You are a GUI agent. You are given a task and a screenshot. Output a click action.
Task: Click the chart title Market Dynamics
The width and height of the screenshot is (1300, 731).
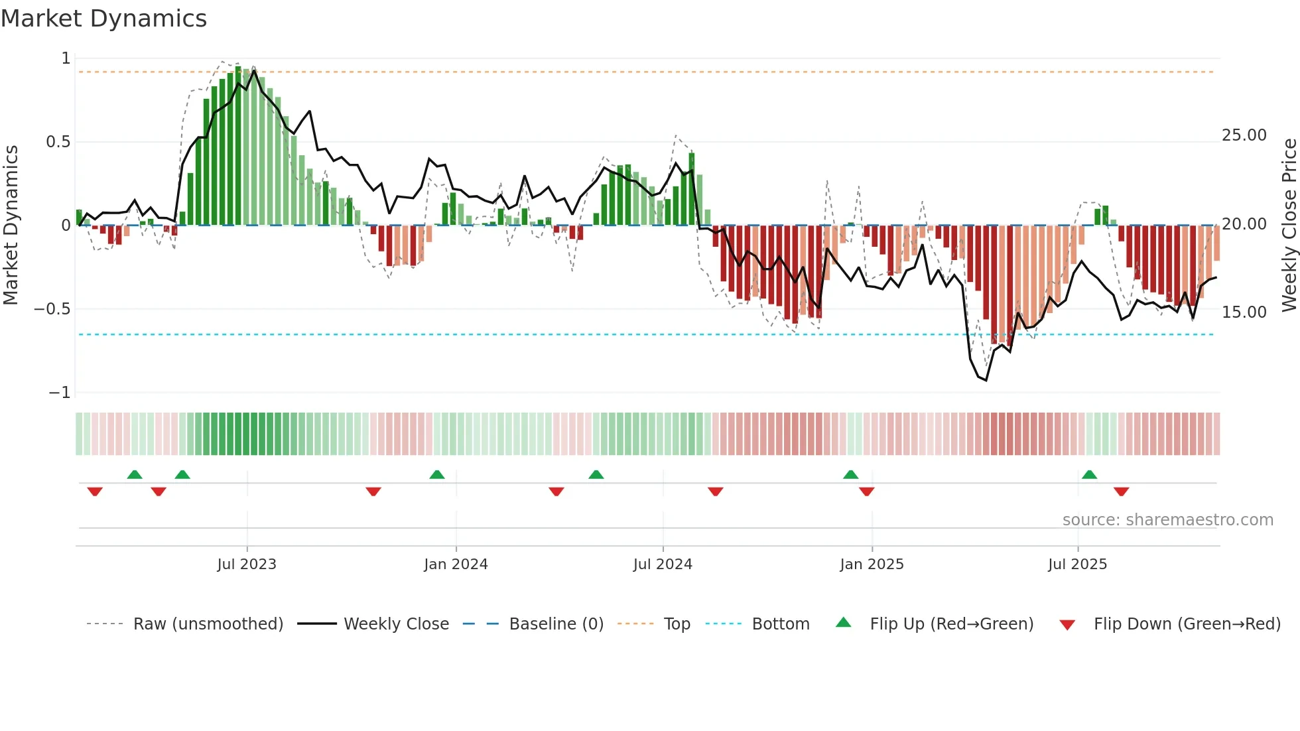[103, 19]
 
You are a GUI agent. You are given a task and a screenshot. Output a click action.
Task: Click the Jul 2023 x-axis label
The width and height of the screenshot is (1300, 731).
[247, 565]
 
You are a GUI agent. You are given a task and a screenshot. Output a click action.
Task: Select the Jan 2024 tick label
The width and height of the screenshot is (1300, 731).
[456, 565]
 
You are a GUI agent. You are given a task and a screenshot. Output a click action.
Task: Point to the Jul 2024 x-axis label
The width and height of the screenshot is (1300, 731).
[663, 565]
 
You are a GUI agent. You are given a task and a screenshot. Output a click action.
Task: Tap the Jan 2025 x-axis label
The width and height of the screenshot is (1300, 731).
[872, 565]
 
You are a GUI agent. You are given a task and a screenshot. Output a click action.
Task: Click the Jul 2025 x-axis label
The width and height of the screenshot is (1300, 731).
[1078, 565]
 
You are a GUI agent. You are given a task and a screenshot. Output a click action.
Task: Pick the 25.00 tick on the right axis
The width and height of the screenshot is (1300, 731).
[1244, 135]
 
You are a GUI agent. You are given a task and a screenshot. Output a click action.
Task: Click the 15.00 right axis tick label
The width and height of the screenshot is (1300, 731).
[1244, 312]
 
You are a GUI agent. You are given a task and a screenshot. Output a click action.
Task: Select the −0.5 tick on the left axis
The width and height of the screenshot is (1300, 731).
[52, 309]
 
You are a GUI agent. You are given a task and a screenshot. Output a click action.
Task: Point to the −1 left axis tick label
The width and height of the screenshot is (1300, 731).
[59, 393]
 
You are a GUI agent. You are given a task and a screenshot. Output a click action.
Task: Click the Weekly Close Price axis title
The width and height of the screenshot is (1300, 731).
[1289, 226]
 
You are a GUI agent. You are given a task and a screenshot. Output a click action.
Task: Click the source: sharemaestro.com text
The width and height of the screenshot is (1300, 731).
[1167, 520]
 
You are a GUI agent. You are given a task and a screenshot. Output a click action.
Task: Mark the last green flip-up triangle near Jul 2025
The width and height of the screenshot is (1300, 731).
[1089, 474]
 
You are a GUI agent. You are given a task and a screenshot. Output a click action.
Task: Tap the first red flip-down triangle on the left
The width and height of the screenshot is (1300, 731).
[95, 492]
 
